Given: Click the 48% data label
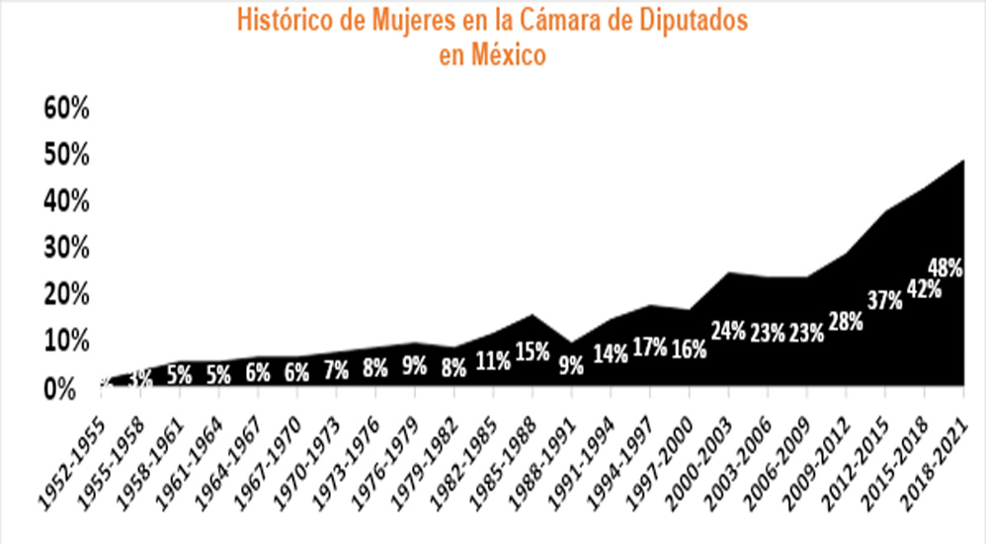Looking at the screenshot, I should pyautogui.click(x=947, y=268).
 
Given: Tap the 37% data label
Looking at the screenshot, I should pyautogui.click(x=884, y=300).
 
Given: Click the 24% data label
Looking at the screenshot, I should pyautogui.click(x=728, y=331).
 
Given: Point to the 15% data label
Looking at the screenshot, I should pyautogui.click(x=531, y=350).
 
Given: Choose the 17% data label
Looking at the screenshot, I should pyautogui.click(x=648, y=350).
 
